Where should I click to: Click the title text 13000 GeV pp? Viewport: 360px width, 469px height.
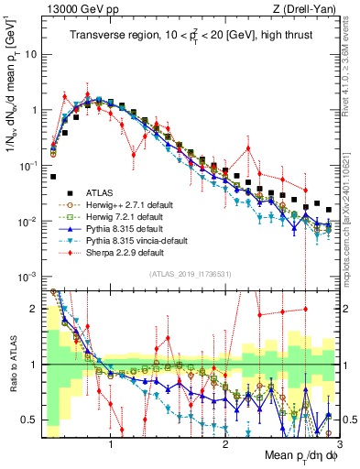[75, 8]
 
